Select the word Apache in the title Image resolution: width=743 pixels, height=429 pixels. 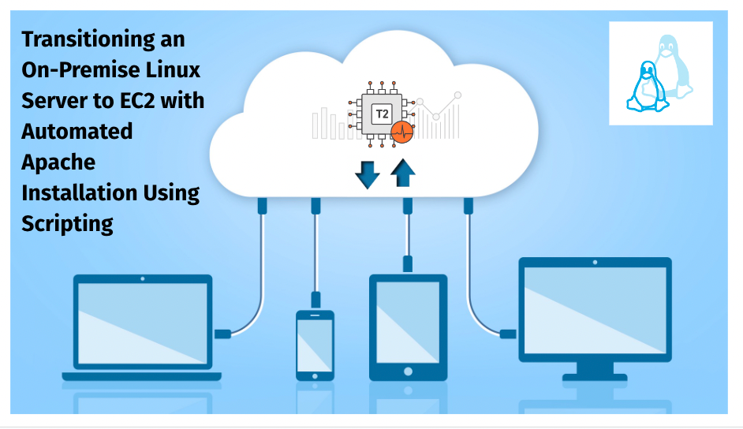pos(58,162)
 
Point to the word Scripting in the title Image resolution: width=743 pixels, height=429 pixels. pos(68,223)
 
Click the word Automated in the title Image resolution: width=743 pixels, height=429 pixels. pos(77,131)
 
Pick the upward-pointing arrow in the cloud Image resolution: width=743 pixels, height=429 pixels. pos(403,173)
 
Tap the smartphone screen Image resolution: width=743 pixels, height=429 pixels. pos(315,346)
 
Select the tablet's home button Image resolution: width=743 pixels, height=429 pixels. pos(409,370)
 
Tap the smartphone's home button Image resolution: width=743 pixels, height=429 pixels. pos(315,376)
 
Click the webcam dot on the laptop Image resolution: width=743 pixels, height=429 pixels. pos(143,279)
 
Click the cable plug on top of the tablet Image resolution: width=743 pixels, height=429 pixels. pos(409,263)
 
